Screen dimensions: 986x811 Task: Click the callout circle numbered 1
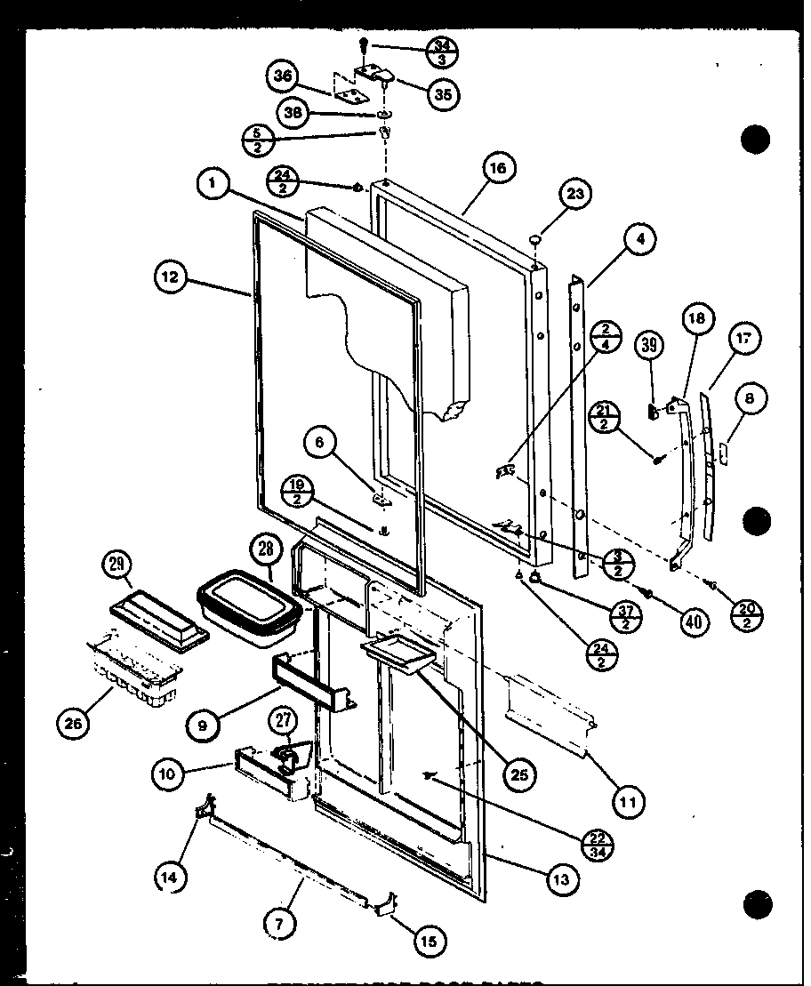[x=212, y=185]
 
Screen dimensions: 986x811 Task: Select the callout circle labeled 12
[x=169, y=277]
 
